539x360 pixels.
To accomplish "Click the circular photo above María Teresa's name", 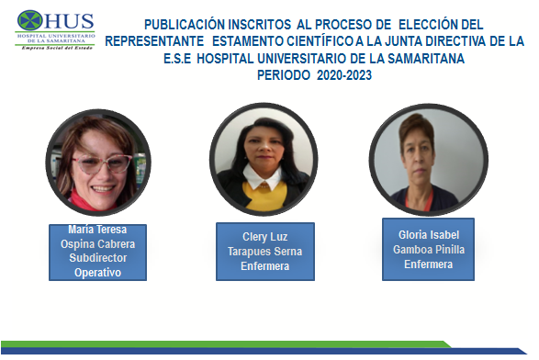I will click(x=97, y=164).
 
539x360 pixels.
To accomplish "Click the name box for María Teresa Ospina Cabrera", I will click(x=97, y=250).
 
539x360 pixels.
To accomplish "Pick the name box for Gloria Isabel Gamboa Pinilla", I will click(x=428, y=249).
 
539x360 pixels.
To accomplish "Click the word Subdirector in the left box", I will click(x=97, y=258).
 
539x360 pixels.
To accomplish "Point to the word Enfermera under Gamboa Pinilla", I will click(x=428, y=264).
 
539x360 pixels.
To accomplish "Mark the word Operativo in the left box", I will click(x=97, y=273).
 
